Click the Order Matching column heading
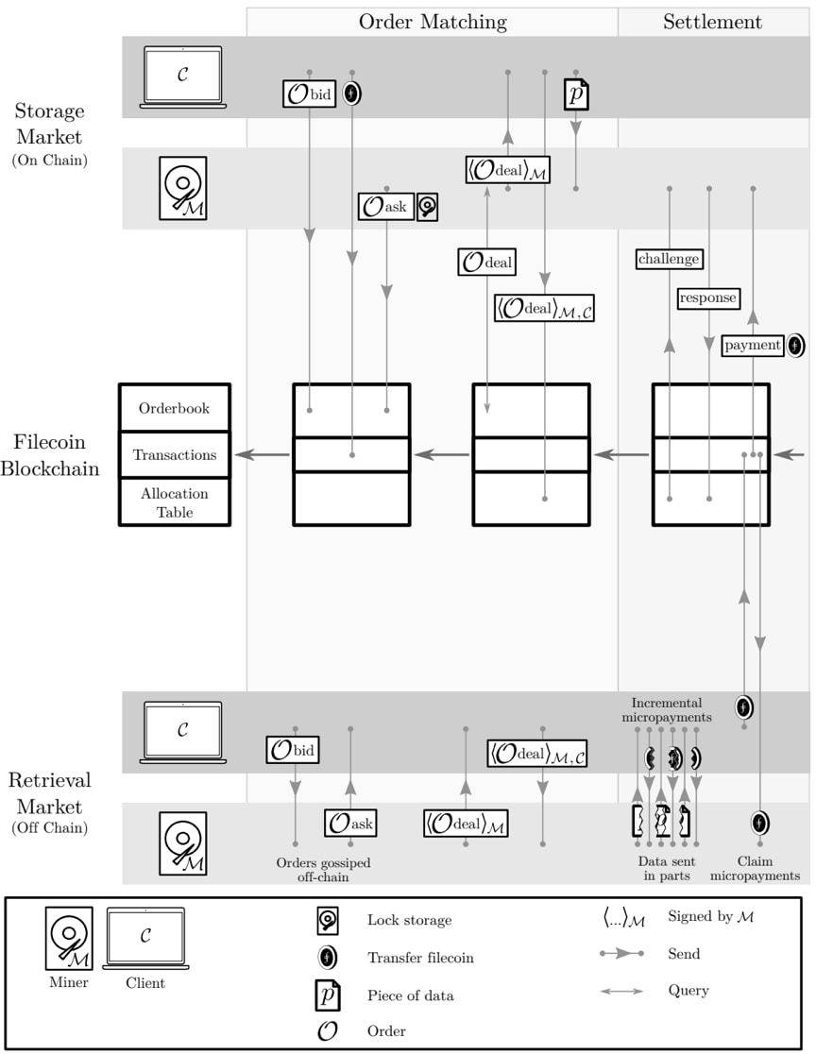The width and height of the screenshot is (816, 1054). [x=433, y=22]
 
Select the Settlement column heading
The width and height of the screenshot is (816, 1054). [x=713, y=22]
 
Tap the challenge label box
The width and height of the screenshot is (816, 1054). [x=669, y=259]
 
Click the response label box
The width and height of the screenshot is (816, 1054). [x=707, y=297]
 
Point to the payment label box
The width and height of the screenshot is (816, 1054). [x=754, y=346]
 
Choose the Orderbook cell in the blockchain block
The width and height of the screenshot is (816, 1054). [x=174, y=409]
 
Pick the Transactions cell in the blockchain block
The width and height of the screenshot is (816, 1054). [x=174, y=455]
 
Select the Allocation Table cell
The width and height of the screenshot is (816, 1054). [x=174, y=502]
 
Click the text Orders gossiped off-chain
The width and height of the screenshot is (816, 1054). [x=324, y=870]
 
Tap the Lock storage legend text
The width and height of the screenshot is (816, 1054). [x=409, y=920]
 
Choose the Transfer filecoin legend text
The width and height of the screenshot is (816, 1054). [x=420, y=958]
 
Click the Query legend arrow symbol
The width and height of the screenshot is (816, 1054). [x=622, y=992]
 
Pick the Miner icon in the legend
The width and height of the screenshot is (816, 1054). [x=69, y=941]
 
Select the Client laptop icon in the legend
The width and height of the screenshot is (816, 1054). [x=144, y=939]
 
